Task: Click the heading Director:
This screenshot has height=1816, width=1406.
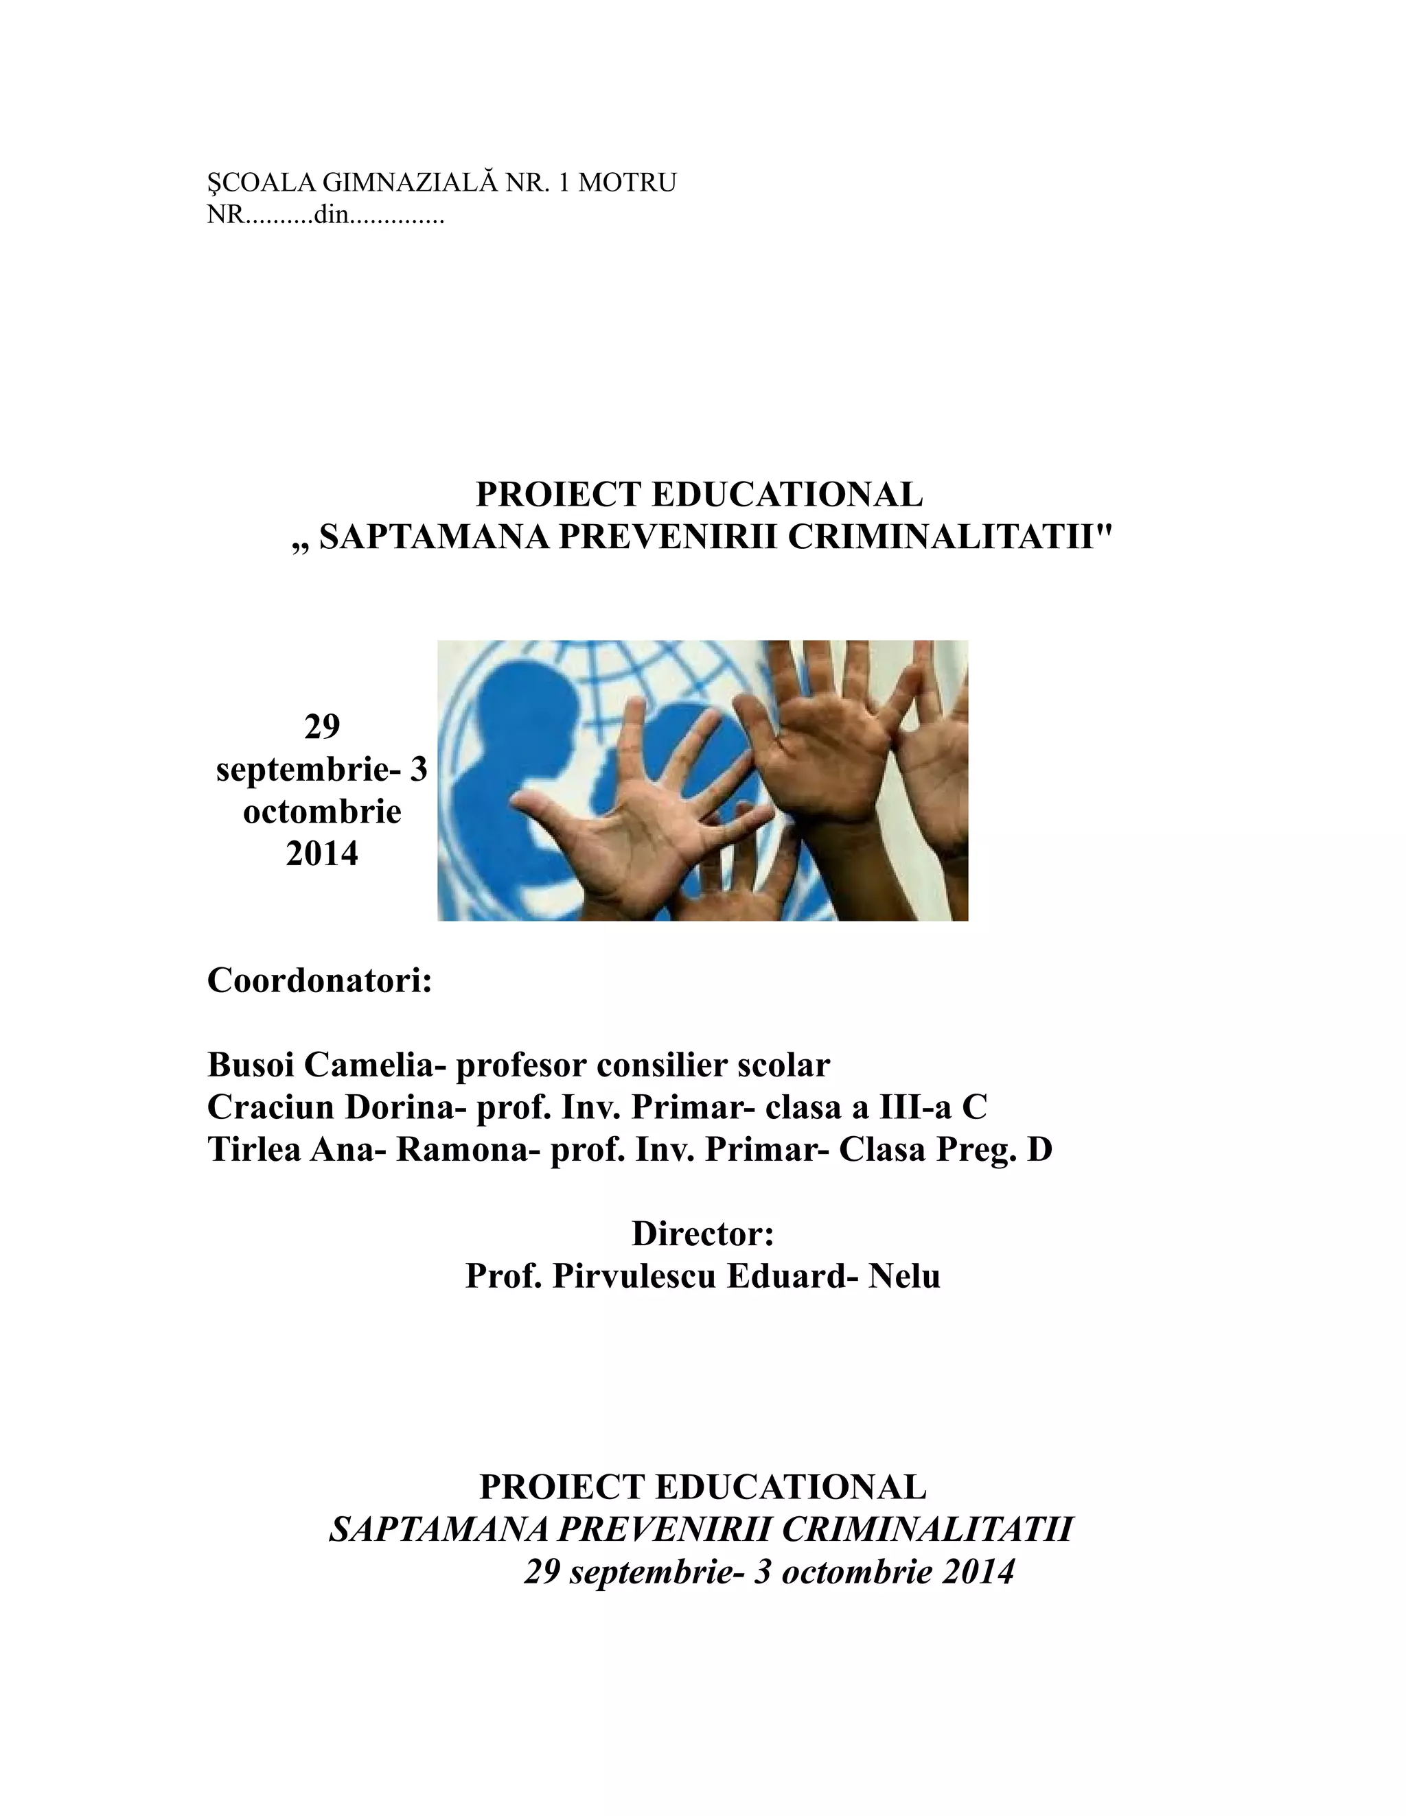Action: coord(703,1233)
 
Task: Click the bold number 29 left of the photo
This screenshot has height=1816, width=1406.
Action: coord(322,727)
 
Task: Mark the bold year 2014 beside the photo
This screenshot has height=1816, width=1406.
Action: coord(322,854)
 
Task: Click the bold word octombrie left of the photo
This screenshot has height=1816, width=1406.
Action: coord(322,812)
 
